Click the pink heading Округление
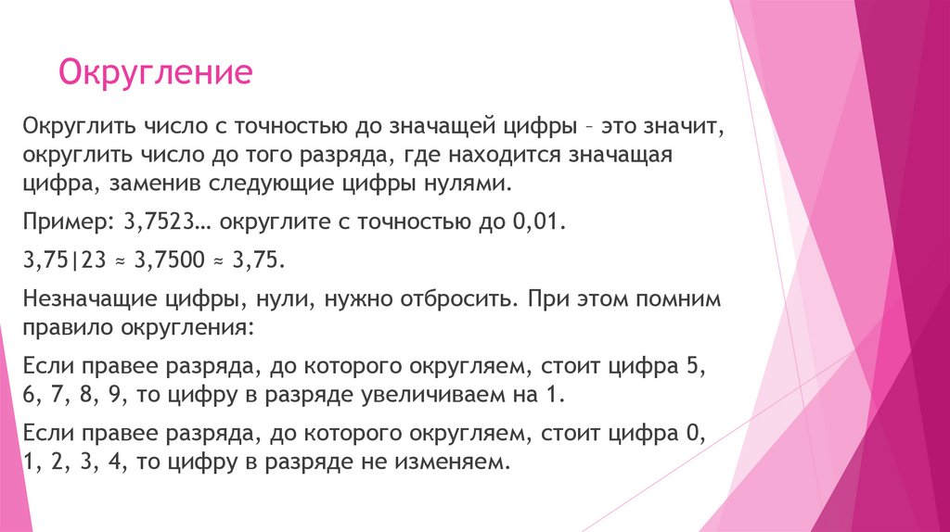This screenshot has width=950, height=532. coord(156,73)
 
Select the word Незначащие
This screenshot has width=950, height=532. coord(95,302)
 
